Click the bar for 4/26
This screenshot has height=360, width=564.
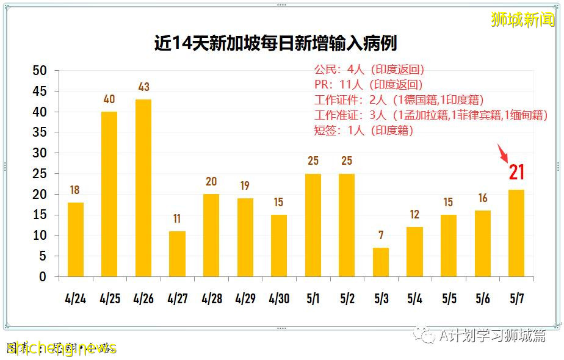click(143, 188)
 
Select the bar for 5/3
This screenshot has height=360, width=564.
click(380, 262)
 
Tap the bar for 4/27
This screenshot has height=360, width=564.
click(177, 254)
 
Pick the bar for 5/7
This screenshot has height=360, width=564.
click(516, 233)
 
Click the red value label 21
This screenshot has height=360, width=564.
click(516, 173)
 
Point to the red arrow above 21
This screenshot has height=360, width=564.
click(504, 153)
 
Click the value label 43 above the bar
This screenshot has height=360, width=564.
click(143, 87)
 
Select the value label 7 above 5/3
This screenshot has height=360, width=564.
click(380, 236)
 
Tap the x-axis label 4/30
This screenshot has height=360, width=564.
click(279, 299)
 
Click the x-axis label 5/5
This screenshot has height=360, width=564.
click(449, 299)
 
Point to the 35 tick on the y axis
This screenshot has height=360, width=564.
click(39, 132)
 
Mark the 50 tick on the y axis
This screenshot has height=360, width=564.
click(39, 71)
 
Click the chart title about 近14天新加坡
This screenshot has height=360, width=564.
click(275, 44)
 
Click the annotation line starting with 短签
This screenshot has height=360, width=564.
click(364, 131)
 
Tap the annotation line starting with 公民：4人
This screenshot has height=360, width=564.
click(369, 70)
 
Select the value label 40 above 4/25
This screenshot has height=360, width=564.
click(109, 99)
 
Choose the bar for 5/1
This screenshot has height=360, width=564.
click(313, 225)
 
